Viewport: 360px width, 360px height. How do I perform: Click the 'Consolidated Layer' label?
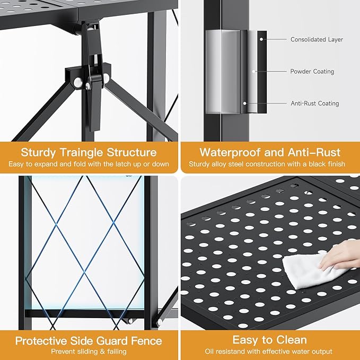317,39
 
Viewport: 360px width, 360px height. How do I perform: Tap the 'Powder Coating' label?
312,72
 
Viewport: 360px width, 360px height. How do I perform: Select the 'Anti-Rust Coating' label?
315,103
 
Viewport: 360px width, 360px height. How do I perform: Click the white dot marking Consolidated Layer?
261,39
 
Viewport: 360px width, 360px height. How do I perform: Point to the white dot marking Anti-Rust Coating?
245,103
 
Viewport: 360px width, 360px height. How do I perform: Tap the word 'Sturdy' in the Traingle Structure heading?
38,153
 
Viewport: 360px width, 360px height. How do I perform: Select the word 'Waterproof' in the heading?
230,153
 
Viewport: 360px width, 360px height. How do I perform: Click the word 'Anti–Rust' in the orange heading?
314,152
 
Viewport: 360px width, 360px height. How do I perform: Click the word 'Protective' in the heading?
41,341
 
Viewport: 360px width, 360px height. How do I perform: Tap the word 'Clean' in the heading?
291,340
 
